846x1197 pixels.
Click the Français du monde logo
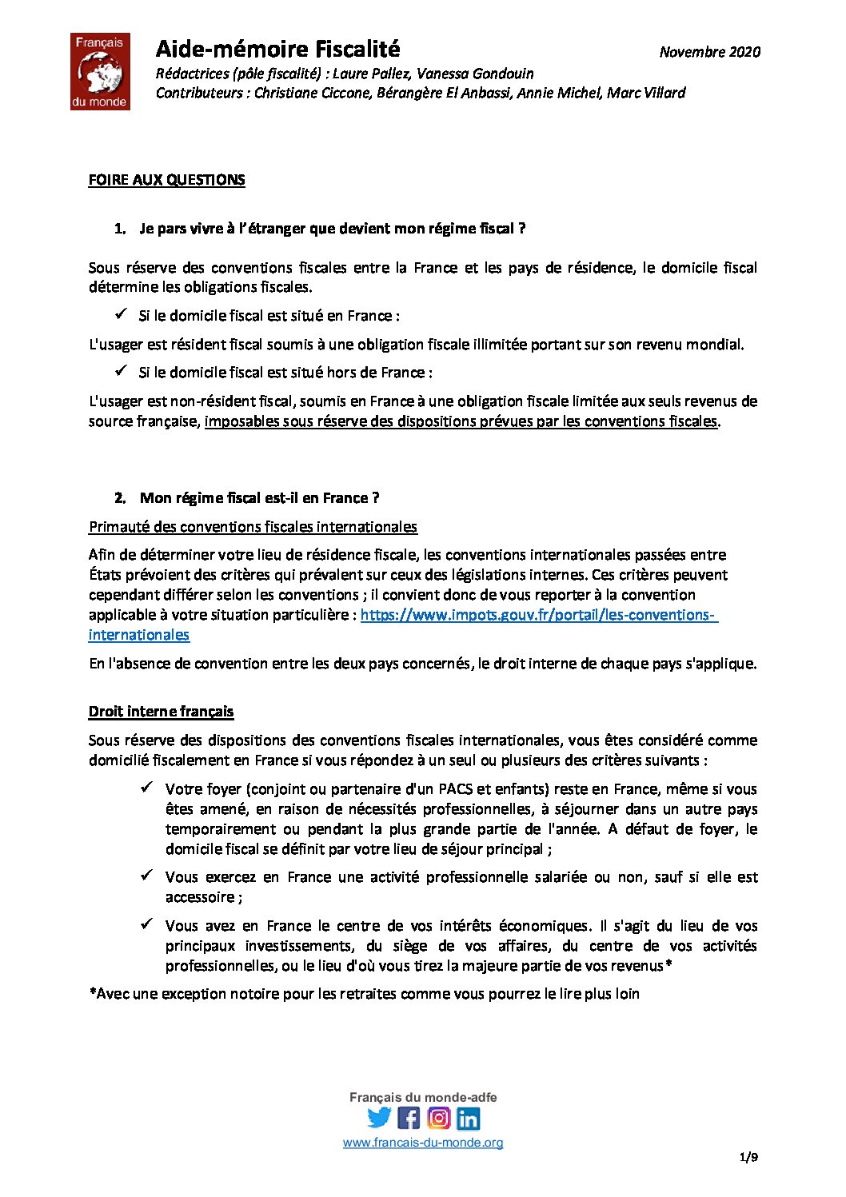coord(100,72)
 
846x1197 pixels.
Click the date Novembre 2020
coord(709,52)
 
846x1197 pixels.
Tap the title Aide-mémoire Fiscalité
coord(277,50)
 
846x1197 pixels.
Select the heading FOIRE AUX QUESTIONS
coord(166,180)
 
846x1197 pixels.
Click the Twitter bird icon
coord(379,1117)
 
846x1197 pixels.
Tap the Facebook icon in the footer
coord(409,1117)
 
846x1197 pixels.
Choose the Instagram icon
coord(438,1117)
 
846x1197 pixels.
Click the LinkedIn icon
coord(469,1118)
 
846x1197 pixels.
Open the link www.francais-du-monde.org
coord(423,1143)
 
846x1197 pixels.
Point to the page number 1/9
coord(748,1157)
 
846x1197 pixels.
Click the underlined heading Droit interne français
coord(161,712)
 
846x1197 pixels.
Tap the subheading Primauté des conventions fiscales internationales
coord(253,527)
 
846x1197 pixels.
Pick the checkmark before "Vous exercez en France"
coord(147,876)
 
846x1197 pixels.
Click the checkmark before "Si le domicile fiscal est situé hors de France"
coord(121,371)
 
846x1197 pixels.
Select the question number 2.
coord(120,498)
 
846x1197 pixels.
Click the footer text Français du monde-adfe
coord(423,1097)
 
